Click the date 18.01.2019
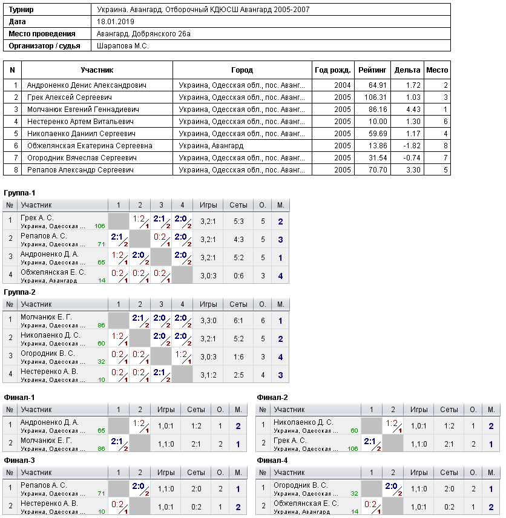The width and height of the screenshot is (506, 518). [116, 22]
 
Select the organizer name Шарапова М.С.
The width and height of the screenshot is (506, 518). [123, 46]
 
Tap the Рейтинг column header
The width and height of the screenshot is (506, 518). [372, 70]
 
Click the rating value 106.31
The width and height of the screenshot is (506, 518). [375, 97]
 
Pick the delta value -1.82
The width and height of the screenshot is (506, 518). [412, 146]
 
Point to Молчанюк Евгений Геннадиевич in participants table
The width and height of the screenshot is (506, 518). [83, 110]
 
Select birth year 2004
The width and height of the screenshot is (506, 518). [342, 85]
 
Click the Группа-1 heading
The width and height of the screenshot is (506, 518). [19, 193]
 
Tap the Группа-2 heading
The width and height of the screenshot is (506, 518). [19, 292]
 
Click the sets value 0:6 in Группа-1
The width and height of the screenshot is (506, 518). [238, 276]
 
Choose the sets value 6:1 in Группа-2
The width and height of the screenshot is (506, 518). [238, 321]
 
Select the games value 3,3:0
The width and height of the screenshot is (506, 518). [208, 321]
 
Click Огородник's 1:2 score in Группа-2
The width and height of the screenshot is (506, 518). [182, 355]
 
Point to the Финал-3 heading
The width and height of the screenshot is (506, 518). [19, 460]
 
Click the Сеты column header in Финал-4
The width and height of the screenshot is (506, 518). [449, 473]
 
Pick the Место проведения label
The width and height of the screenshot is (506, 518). [42, 34]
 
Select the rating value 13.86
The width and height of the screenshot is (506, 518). [377, 146]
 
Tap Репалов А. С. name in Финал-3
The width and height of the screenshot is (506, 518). [44, 485]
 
